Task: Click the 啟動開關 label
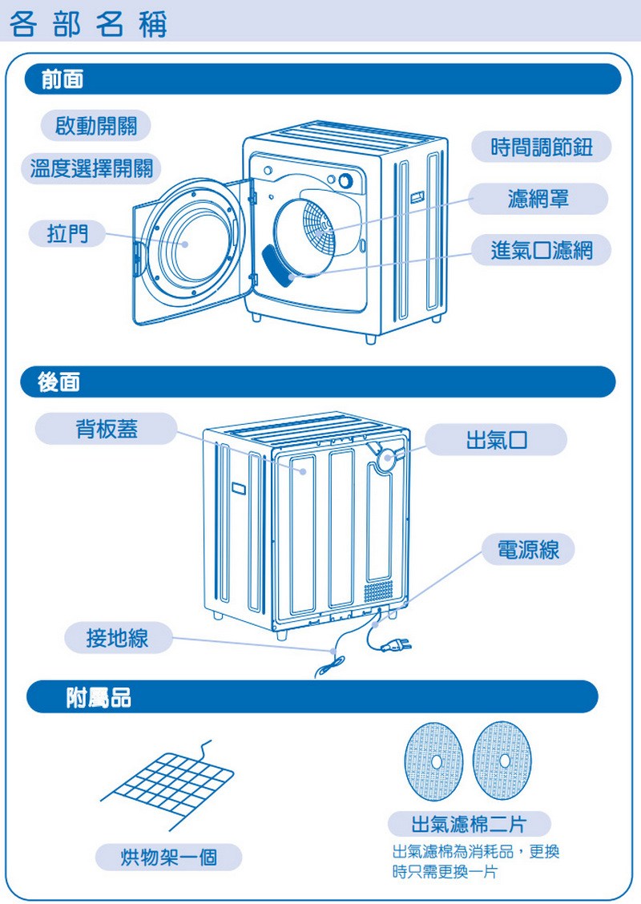pos(95,126)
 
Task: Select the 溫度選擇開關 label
pos(91,169)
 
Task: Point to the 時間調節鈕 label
pos(542,147)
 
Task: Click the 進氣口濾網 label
pos(542,251)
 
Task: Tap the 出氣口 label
pos(496,440)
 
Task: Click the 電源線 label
pos(528,550)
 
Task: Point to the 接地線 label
pos(118,638)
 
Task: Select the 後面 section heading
pos(58,382)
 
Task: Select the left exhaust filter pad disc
pos(435,759)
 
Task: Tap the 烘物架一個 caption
pos(169,858)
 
